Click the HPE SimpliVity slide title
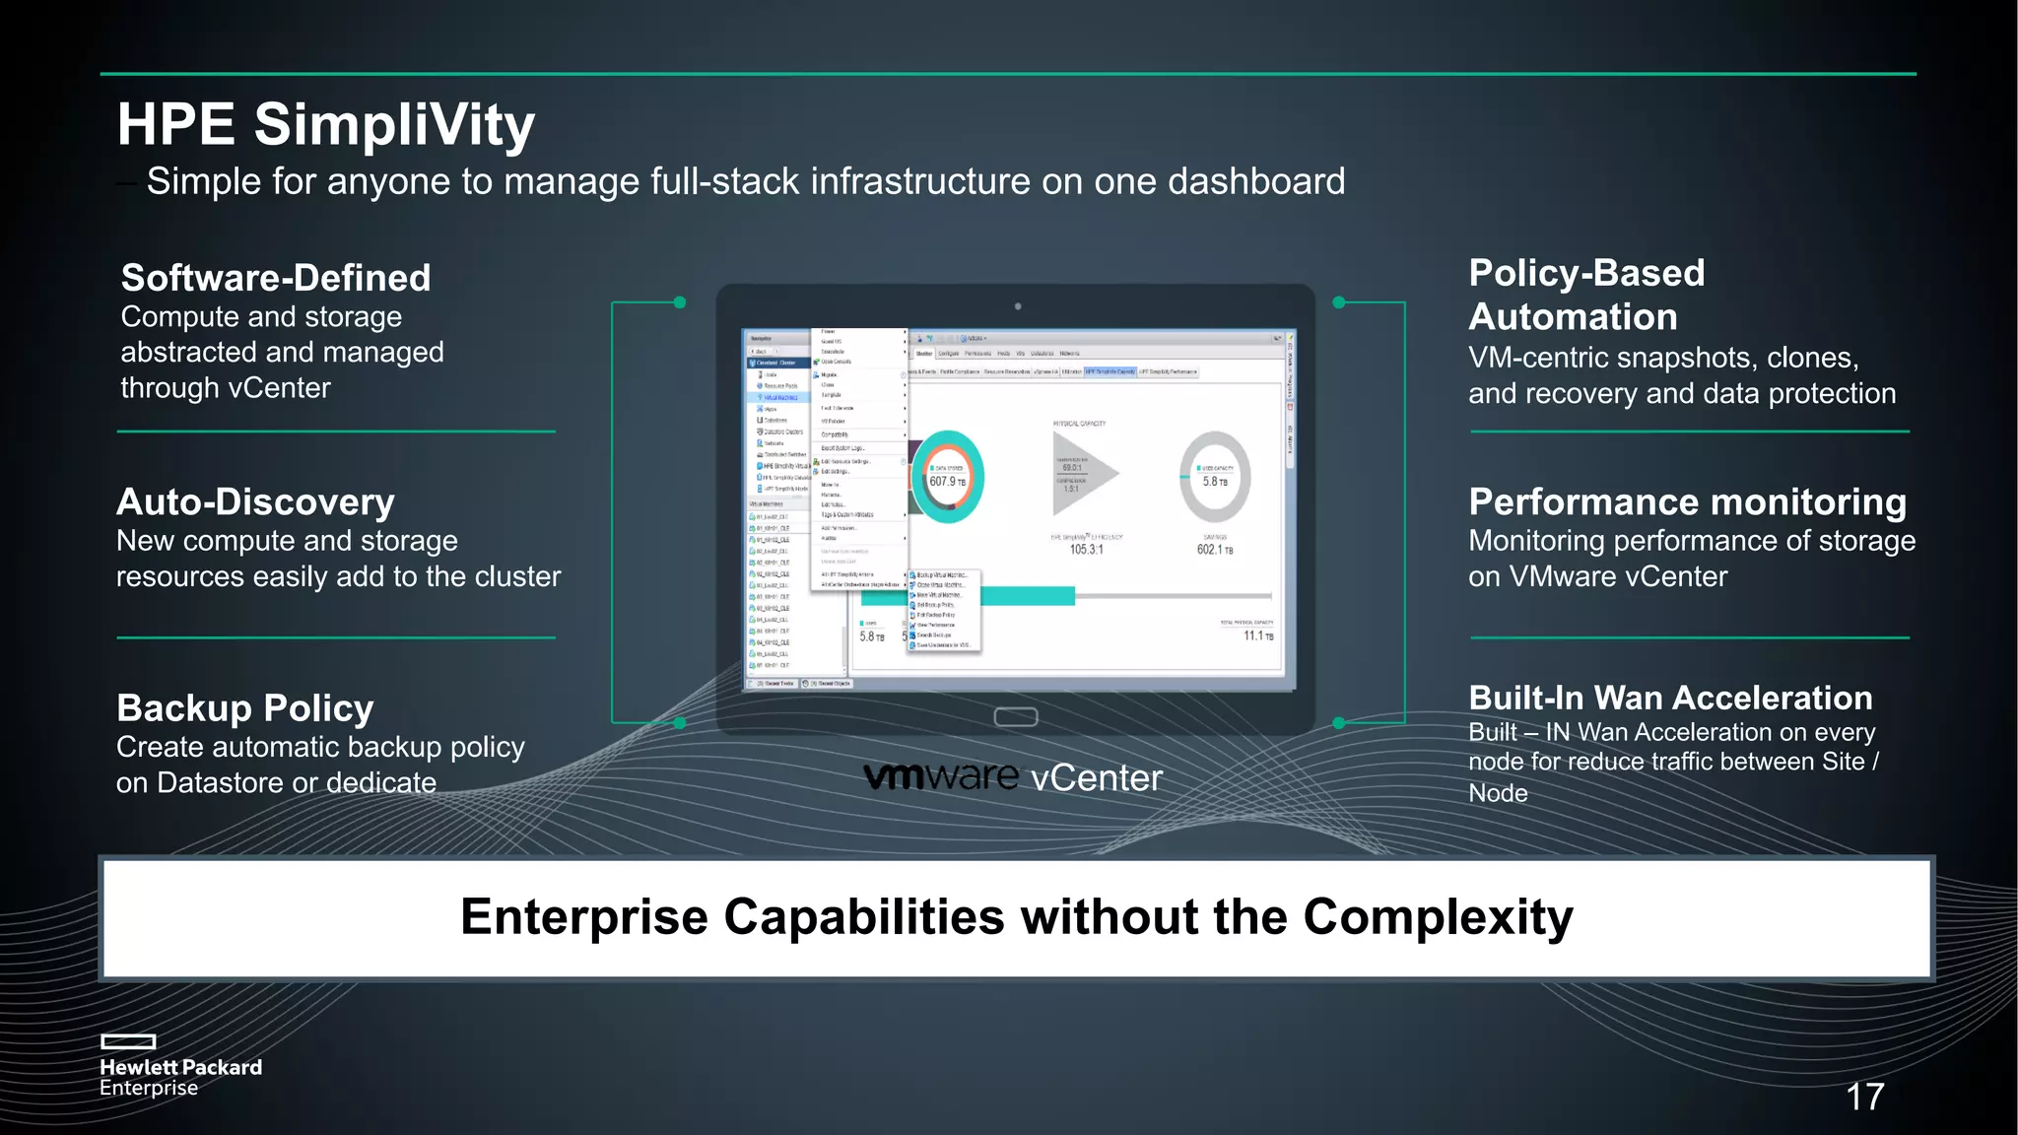[x=325, y=125]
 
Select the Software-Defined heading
[x=276, y=278]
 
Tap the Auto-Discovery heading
[x=255, y=501]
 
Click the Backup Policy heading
[x=245, y=708]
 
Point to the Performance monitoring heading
[x=1687, y=501]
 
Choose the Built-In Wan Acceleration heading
[x=1670, y=698]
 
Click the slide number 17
[x=1864, y=1097]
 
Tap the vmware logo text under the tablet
[x=941, y=777]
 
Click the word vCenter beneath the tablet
[x=1097, y=778]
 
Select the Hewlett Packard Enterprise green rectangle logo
[x=128, y=1041]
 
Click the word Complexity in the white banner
[x=1438, y=917]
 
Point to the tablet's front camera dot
[x=1018, y=306]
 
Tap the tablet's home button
[x=1016, y=716]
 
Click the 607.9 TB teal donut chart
[x=947, y=477]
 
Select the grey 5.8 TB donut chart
[x=1215, y=477]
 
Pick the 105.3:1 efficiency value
[x=1087, y=550]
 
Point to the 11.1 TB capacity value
[x=1258, y=636]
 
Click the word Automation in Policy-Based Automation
[x=1573, y=317]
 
